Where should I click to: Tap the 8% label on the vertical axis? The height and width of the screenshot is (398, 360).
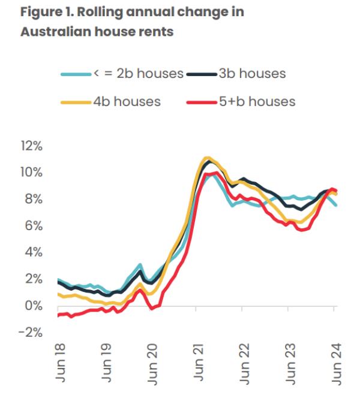pyautogui.click(x=32, y=200)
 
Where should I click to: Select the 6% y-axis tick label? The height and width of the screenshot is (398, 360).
pyautogui.click(x=32, y=226)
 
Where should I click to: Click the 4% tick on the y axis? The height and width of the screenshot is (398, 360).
pyautogui.click(x=32, y=252)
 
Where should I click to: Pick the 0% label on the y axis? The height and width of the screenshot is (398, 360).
pyautogui.click(x=32, y=306)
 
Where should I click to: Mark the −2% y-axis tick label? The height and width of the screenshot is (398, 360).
pyautogui.click(x=30, y=332)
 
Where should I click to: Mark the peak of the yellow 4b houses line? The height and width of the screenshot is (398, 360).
pyautogui.click(x=208, y=158)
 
